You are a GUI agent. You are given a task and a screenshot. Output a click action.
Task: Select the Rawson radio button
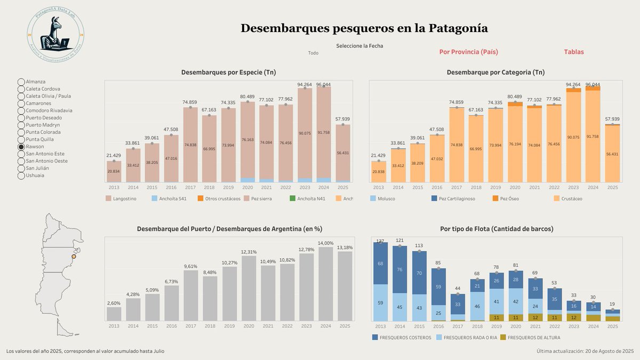point(21,146)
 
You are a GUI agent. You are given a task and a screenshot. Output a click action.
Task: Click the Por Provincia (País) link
point(468,52)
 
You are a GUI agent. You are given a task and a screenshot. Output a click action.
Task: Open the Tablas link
point(574,52)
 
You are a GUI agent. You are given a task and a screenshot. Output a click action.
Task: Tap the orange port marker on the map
point(74,257)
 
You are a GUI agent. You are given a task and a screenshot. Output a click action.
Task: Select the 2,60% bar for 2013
point(114,314)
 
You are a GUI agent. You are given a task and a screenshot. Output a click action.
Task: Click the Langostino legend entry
point(123,199)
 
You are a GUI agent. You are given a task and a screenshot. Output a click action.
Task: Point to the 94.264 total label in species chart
point(305,84)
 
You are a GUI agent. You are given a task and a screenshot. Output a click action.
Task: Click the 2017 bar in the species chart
point(191,144)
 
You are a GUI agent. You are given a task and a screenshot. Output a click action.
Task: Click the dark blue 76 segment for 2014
point(400,269)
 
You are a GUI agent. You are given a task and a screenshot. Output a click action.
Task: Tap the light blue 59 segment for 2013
point(380,302)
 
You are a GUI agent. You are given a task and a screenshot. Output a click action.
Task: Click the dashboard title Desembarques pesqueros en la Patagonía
point(364,28)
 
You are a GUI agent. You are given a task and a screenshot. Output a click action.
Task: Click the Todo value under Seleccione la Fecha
point(313,53)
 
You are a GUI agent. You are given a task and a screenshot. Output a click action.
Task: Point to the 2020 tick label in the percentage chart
point(248,326)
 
